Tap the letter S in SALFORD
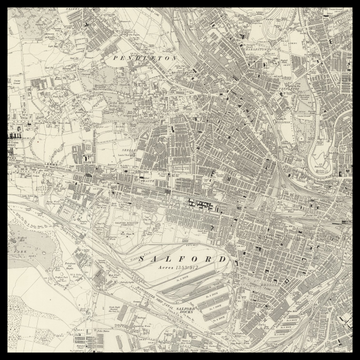pos(133,258)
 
